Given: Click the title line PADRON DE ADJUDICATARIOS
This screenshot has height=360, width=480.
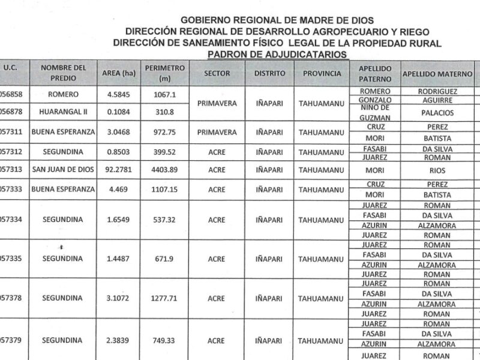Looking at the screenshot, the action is click(277, 54).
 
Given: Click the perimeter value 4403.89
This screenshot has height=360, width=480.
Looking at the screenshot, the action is click(164, 170).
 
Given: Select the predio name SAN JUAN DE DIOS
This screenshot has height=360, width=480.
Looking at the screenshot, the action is click(64, 170).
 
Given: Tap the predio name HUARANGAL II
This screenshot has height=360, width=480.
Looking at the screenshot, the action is click(64, 112).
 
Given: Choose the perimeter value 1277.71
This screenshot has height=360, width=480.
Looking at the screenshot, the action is click(164, 298).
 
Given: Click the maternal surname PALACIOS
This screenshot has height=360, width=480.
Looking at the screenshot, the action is click(437, 112).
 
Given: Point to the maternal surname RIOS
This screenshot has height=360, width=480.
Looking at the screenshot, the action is click(437, 170).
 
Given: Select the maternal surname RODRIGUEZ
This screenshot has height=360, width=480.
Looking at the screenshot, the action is click(437, 91).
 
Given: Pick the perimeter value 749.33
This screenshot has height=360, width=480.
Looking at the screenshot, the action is click(164, 340).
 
